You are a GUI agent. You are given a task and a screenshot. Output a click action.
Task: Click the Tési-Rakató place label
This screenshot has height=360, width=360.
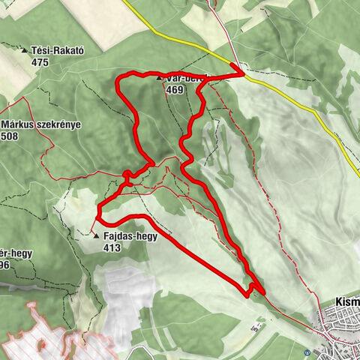pos(57,51)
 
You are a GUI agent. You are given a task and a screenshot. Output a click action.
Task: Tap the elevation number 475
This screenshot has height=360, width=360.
pos(40,62)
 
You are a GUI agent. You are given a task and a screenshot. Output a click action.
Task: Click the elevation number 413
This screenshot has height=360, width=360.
pos(112,247)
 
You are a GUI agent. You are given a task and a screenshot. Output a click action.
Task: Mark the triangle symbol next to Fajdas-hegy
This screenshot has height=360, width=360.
pos(97,235)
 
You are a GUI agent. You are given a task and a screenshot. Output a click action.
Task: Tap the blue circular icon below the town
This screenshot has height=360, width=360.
pos(307,352)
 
